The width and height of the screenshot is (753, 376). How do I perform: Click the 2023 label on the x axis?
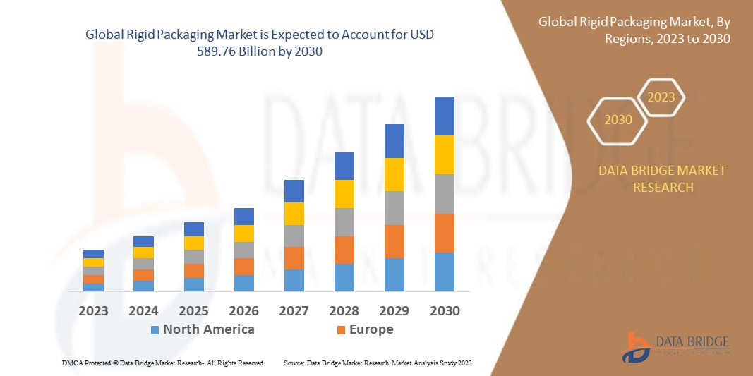93,310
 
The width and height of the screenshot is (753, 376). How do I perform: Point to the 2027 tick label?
294,310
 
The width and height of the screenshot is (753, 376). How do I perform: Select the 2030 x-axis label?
444,310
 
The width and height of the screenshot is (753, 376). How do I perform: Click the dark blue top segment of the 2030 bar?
444,116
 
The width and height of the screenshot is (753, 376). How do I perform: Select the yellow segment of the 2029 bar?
394,174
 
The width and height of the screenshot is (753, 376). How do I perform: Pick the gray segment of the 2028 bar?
344,222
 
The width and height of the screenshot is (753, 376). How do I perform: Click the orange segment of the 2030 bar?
444,233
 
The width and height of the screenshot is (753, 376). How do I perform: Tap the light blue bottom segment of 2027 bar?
294,280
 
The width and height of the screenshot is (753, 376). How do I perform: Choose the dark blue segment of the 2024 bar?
143,241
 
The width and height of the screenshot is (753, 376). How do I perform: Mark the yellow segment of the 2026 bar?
244,234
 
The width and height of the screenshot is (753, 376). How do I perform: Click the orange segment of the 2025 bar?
194,271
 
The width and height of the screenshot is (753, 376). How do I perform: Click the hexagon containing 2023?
661,97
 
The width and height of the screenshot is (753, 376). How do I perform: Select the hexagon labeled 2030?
618,120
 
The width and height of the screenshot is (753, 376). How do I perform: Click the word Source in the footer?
294,363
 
